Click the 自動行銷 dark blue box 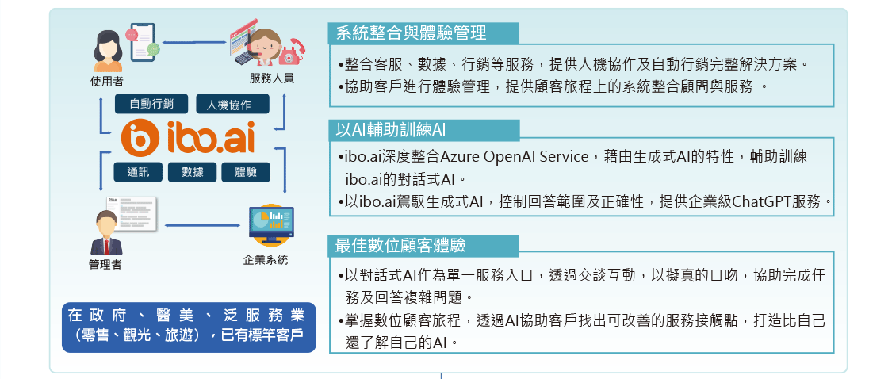click(x=151, y=104)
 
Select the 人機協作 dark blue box click(x=232, y=104)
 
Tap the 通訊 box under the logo click(x=138, y=172)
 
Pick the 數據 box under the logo click(x=193, y=172)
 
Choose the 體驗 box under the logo click(x=246, y=172)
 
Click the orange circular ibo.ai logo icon click(x=140, y=138)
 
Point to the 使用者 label click(x=107, y=82)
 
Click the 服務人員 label click(x=271, y=78)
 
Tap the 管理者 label click(x=105, y=264)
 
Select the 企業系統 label click(x=265, y=260)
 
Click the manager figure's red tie click(x=106, y=246)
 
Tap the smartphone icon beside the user click(x=142, y=41)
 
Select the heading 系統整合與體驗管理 click(x=412, y=33)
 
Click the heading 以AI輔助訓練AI click(x=390, y=130)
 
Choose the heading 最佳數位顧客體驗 click(x=400, y=245)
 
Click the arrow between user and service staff click(x=194, y=42)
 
